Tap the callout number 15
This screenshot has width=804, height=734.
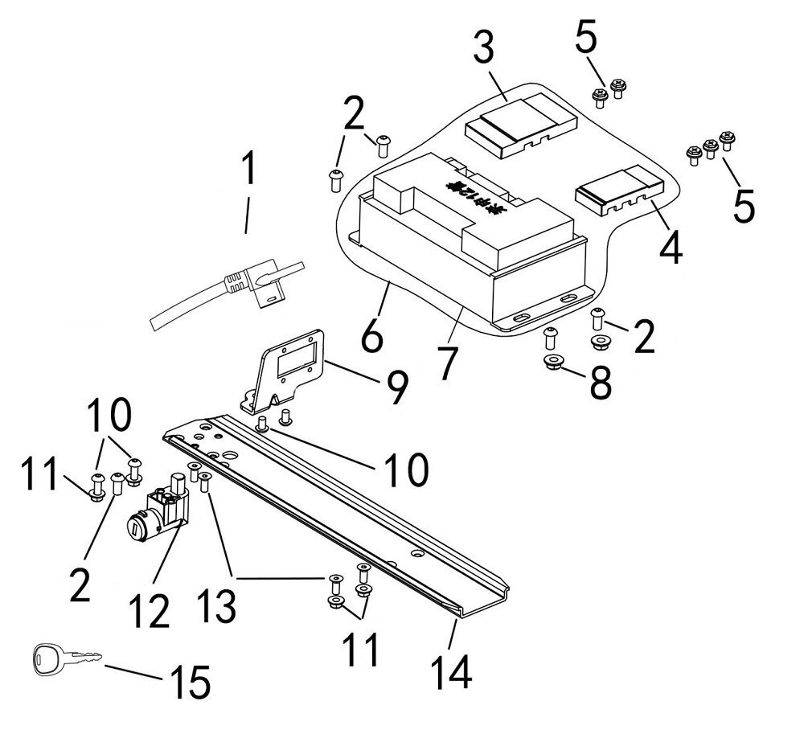[x=188, y=683]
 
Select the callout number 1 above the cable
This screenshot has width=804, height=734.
[x=250, y=170]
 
